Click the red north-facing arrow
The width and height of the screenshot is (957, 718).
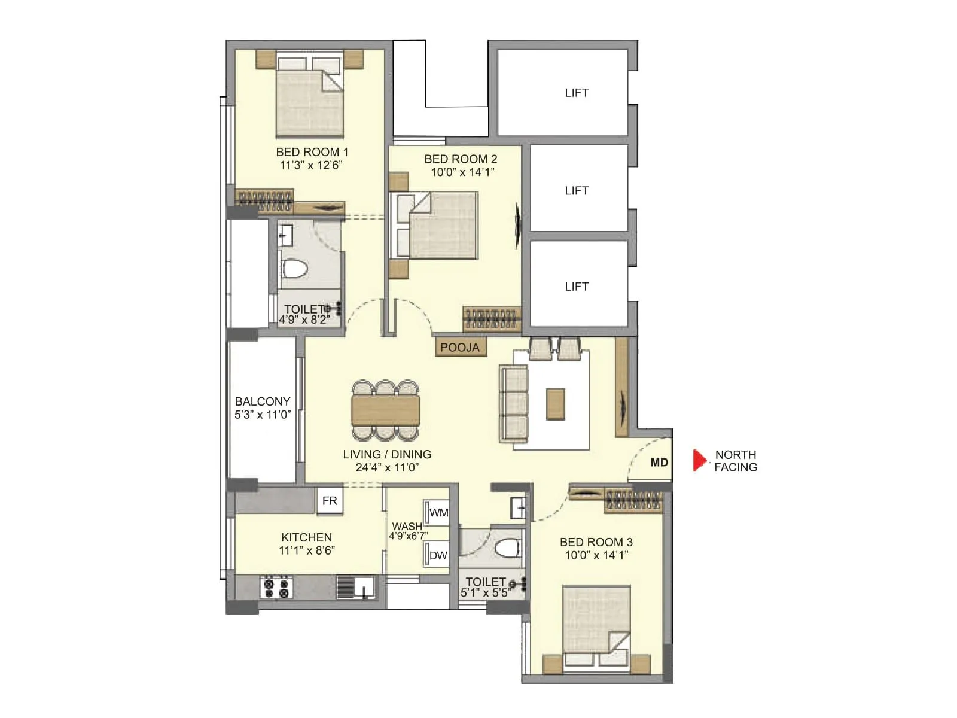click(x=699, y=460)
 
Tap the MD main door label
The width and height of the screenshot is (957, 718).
click(x=659, y=462)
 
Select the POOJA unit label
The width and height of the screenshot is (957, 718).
click(x=459, y=347)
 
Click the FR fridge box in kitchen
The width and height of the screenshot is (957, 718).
click(x=330, y=501)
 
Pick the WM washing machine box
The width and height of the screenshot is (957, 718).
click(x=438, y=512)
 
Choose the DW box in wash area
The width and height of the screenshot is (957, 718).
click(x=438, y=555)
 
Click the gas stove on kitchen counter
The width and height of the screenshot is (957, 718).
click(x=276, y=587)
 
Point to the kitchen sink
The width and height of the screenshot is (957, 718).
click(x=355, y=587)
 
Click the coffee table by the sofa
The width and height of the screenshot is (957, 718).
click(x=555, y=404)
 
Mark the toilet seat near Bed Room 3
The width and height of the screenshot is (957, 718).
click(x=508, y=547)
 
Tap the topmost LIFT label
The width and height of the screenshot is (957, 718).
click(x=576, y=93)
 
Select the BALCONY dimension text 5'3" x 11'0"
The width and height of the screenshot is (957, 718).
click(x=262, y=415)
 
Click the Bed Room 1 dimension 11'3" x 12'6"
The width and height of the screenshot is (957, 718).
click(x=311, y=165)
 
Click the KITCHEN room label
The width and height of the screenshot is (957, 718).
click(x=306, y=537)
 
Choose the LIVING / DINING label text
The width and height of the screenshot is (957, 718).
click(x=387, y=454)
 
